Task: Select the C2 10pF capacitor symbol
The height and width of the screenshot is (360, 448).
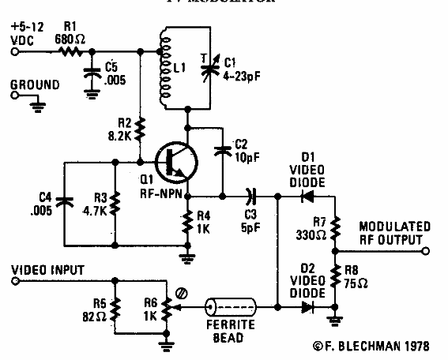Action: click(x=223, y=148)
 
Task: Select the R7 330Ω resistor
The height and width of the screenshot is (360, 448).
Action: click(x=336, y=229)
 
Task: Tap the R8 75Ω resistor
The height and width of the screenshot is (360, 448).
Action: click(x=336, y=279)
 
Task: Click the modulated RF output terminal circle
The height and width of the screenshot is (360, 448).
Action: click(x=425, y=251)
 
